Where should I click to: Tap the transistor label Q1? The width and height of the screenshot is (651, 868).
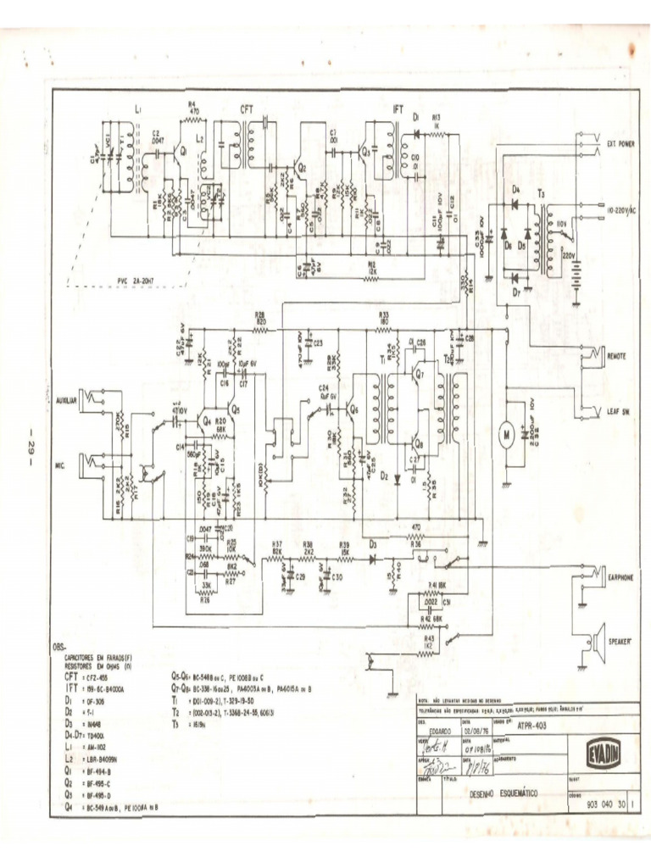coord(181,151)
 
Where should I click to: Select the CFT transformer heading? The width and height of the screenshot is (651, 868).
coord(248,109)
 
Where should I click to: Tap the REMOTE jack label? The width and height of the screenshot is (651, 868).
coord(617,357)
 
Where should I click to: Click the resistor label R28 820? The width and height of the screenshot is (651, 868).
coord(260,318)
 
